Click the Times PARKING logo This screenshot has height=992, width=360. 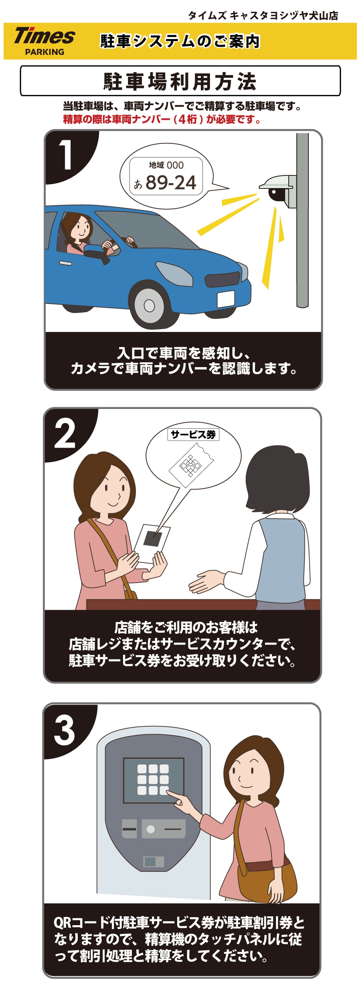coord(44,41)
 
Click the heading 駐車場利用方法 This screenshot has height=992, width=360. coord(180,81)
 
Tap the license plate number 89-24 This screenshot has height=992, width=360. coord(171,182)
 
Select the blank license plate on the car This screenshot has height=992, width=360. coord(226,299)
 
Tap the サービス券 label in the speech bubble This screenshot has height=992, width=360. coord(193,434)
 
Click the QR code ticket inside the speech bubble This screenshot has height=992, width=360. coord(191,465)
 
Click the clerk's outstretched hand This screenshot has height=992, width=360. coord(206,582)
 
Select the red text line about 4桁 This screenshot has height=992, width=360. coord(162,119)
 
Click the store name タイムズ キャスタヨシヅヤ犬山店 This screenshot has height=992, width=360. coord(263,15)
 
